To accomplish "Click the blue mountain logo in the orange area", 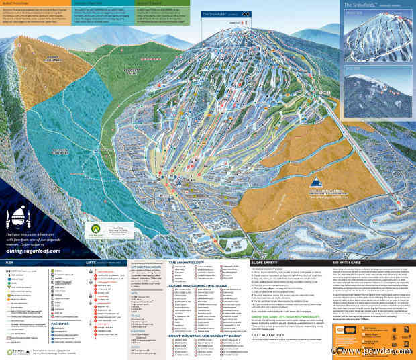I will click(x=314, y=183).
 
